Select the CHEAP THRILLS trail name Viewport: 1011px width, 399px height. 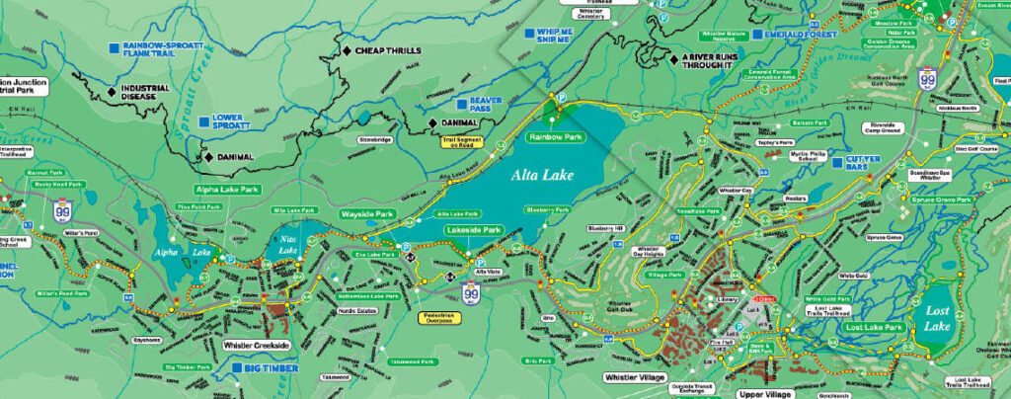point(388,50)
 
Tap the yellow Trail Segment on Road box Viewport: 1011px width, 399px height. point(462,141)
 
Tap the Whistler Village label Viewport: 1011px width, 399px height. point(636,377)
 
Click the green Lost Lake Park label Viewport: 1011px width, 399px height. point(873,327)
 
